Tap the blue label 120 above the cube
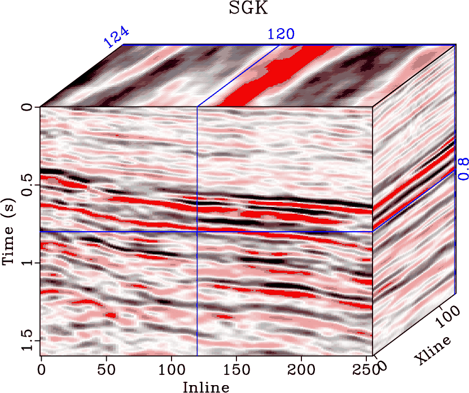280,34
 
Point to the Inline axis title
206,387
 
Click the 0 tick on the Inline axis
41,369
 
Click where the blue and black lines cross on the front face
197,231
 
